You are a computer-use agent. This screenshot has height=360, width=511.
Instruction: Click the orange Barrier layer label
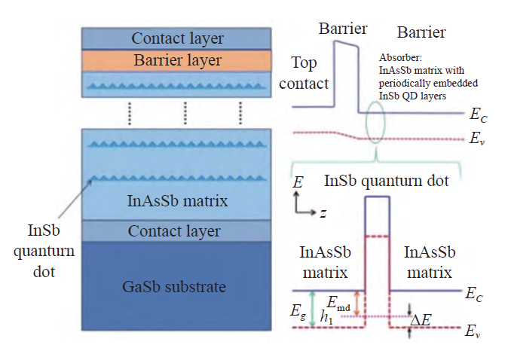(177, 60)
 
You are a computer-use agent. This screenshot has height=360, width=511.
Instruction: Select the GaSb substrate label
(174, 287)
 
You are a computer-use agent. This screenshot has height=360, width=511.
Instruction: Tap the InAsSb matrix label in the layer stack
(177, 200)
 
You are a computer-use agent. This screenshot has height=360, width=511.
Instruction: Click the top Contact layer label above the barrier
(177, 38)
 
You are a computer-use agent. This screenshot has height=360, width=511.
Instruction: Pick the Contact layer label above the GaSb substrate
(174, 231)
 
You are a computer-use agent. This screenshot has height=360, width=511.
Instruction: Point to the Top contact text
(304, 73)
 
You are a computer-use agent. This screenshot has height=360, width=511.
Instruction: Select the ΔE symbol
(421, 320)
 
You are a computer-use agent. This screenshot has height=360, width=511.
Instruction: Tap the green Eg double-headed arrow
(312, 309)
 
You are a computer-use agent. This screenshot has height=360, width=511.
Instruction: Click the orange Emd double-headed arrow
(356, 304)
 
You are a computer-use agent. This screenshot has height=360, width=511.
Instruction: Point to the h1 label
(326, 317)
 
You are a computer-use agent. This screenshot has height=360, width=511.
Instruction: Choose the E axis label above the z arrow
(298, 182)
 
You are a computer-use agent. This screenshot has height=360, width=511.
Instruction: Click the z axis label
(323, 213)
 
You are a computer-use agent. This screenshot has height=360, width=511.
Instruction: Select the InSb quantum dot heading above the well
(387, 181)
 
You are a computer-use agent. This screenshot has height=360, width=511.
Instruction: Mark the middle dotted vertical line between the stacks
(185, 113)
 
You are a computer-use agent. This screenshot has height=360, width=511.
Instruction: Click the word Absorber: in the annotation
(400, 58)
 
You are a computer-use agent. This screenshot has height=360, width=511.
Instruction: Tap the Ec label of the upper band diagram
(478, 115)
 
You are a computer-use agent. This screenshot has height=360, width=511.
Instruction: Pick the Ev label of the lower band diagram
(473, 331)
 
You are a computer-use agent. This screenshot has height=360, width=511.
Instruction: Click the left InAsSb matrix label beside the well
(325, 262)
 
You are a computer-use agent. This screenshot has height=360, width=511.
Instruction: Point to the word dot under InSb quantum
(44, 271)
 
